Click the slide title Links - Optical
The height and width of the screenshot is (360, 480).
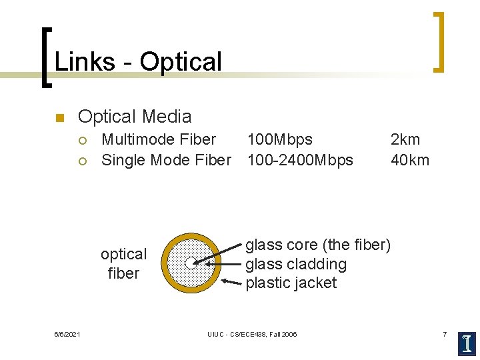coord(138,62)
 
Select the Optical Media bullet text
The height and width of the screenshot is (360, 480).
coord(135,117)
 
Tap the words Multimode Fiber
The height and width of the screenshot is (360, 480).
coord(159,139)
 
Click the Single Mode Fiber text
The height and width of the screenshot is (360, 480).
coord(166,160)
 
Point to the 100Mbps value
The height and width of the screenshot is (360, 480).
coord(279,139)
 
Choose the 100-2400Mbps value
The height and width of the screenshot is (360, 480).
coord(300,160)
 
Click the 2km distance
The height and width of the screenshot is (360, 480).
coord(405,139)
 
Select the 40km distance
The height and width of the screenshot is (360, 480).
coord(409,160)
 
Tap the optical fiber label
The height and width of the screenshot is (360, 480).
coord(123,263)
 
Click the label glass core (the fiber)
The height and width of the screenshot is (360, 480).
coord(318,245)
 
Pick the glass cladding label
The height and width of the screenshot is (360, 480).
coord(296,264)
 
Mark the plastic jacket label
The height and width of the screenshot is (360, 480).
coord(291,283)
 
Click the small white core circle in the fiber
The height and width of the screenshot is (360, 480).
coord(191,262)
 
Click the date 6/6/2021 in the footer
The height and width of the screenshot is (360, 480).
coord(67,334)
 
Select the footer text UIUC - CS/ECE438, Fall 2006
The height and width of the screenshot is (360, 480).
coord(252,334)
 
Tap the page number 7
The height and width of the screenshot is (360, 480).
coord(445,333)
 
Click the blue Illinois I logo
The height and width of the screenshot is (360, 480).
coord(467,343)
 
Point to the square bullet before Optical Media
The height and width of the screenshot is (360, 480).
coord(59,119)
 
